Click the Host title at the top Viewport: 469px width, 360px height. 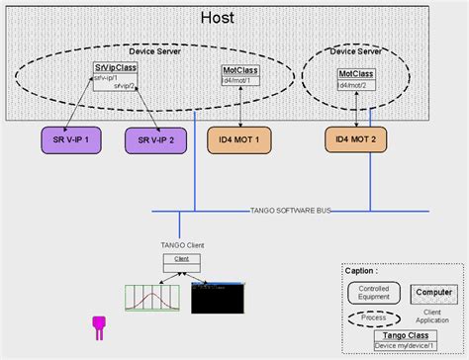tap(217, 17)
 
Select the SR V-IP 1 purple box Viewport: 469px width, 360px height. tap(71, 140)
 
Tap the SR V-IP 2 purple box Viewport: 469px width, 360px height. tap(155, 140)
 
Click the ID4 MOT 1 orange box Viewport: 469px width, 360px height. tap(239, 140)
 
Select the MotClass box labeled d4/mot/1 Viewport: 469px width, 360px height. tap(241, 76)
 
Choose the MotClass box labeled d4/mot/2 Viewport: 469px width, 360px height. tap(356, 79)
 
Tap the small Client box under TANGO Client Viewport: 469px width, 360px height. tap(182, 263)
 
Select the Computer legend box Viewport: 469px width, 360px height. tap(432, 293)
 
